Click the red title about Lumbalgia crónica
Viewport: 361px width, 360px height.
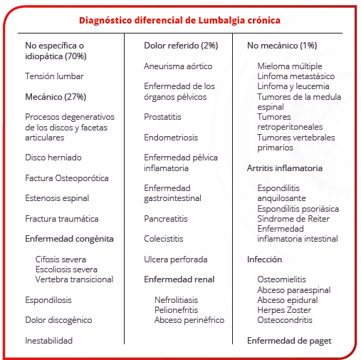(179, 21)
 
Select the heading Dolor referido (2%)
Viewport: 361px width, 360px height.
(181, 46)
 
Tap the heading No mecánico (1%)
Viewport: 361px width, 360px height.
(282, 46)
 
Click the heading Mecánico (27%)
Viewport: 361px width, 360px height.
(56, 97)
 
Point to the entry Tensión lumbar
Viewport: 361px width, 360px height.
(54, 76)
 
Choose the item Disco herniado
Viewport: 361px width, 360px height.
(53, 158)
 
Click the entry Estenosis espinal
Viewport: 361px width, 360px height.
(57, 198)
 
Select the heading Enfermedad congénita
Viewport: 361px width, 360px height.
(69, 239)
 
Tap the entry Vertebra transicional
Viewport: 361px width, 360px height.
(74, 279)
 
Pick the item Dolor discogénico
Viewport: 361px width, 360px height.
(58, 320)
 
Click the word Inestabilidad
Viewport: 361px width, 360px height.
(48, 341)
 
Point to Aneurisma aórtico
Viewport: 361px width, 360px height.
(178, 66)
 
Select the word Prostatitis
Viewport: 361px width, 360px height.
(162, 117)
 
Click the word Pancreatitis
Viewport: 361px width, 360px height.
(166, 219)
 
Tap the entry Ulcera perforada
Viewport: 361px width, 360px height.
(176, 259)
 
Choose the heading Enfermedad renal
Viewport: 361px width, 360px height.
(179, 279)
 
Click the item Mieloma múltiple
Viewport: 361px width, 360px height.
(290, 66)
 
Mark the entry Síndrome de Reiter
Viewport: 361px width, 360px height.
(293, 219)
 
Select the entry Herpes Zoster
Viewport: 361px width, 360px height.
(284, 310)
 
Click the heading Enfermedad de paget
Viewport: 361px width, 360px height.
(289, 341)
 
